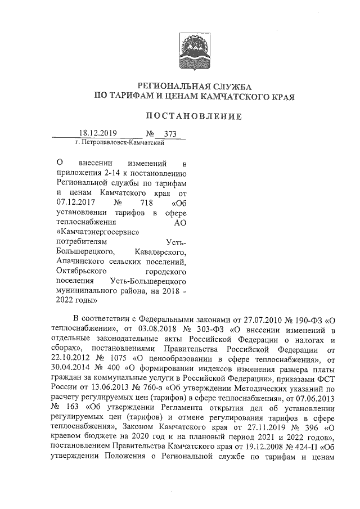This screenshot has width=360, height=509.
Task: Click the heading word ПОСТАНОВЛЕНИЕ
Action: (194, 116)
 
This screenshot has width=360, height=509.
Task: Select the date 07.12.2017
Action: (76, 202)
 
